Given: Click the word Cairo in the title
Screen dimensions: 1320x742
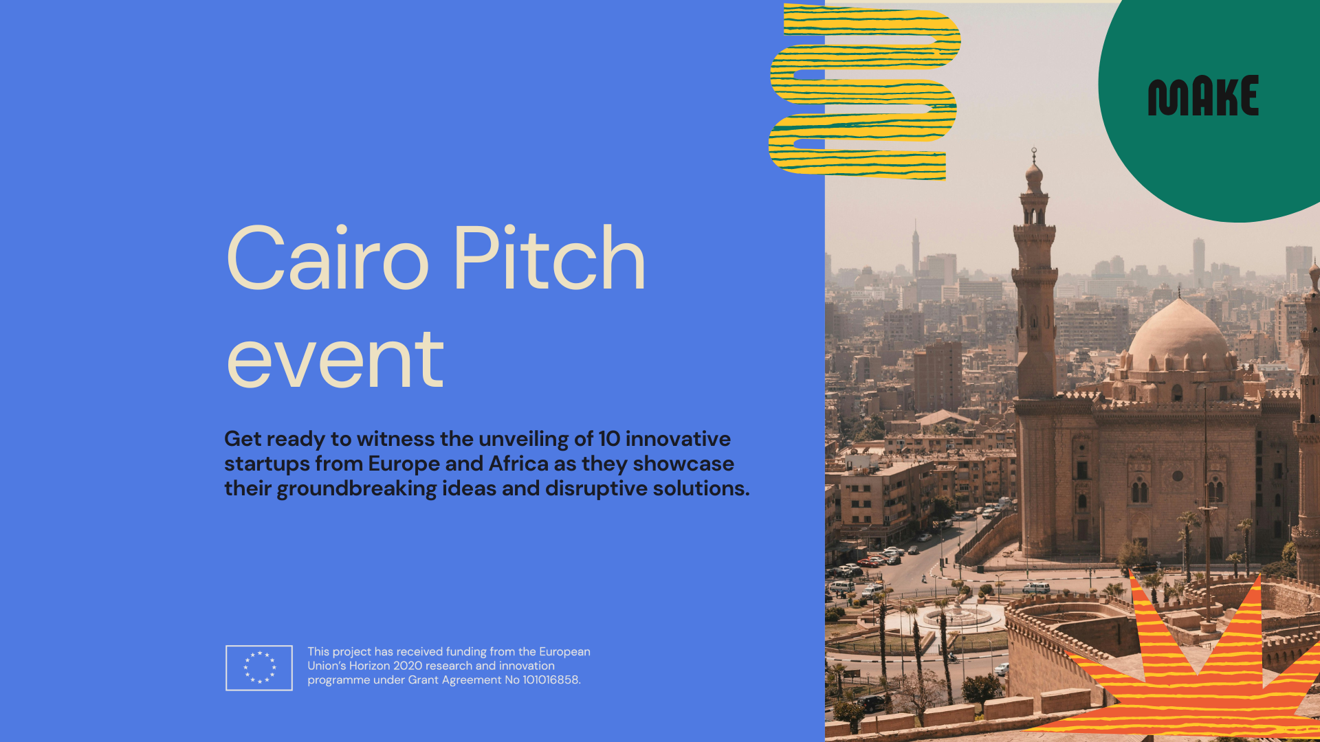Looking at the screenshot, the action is [x=328, y=258].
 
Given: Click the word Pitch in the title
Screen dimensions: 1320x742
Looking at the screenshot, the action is [x=549, y=258].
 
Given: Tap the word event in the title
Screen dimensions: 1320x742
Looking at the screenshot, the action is [x=335, y=359].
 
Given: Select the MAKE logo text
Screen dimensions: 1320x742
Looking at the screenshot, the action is [x=1203, y=95].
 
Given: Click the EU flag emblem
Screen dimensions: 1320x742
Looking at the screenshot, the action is [x=259, y=668].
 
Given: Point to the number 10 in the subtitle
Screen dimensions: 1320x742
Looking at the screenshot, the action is [x=609, y=439].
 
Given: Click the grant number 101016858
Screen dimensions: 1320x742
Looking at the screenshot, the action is [x=551, y=680].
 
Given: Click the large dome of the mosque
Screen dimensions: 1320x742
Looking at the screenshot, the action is [x=1180, y=337].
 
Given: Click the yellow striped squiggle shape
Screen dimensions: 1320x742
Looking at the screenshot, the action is [x=864, y=92].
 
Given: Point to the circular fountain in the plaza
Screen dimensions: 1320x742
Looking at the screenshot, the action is [x=956, y=616].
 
